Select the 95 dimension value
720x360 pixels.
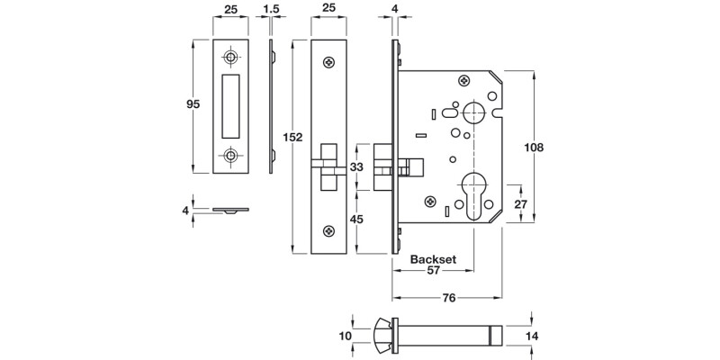click(193, 104)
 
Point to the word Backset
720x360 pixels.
click(434, 259)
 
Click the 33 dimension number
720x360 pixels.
click(356, 166)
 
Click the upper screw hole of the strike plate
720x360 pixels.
click(232, 58)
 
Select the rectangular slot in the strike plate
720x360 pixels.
click(231, 106)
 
